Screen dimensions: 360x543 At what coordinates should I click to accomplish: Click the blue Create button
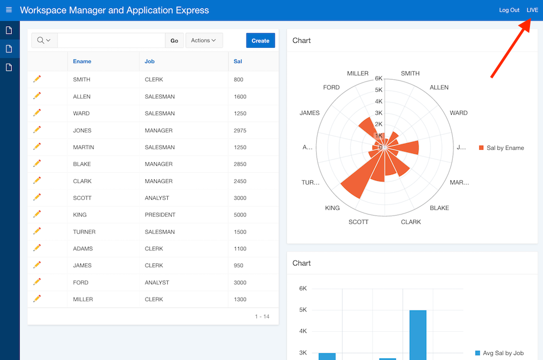pyautogui.click(x=260, y=41)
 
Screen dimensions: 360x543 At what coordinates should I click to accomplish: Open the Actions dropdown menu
pyautogui.click(x=204, y=41)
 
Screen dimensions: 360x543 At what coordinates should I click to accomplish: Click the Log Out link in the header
pyautogui.click(x=509, y=10)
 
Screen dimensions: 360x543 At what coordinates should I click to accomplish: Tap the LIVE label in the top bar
pyautogui.click(x=532, y=10)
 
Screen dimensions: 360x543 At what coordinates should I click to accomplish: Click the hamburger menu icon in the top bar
pyautogui.click(x=9, y=10)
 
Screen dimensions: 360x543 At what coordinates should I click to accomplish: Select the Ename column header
pyautogui.click(x=82, y=61)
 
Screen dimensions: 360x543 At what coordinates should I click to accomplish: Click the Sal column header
pyautogui.click(x=238, y=61)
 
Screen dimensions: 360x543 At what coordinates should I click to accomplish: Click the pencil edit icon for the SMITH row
pyautogui.click(x=37, y=79)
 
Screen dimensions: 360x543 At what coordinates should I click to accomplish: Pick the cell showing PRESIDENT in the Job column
pyautogui.click(x=160, y=215)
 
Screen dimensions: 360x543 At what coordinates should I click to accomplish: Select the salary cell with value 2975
pyautogui.click(x=239, y=130)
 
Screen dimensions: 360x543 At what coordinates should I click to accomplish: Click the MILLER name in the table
pyautogui.click(x=83, y=300)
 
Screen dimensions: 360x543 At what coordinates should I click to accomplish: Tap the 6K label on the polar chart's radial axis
pyautogui.click(x=378, y=78)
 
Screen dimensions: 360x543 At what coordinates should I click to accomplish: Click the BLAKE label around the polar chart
pyautogui.click(x=439, y=208)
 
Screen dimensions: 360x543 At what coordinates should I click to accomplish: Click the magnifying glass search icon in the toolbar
pyautogui.click(x=41, y=41)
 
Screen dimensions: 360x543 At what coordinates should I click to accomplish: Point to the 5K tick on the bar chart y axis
pyautogui.click(x=303, y=310)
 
